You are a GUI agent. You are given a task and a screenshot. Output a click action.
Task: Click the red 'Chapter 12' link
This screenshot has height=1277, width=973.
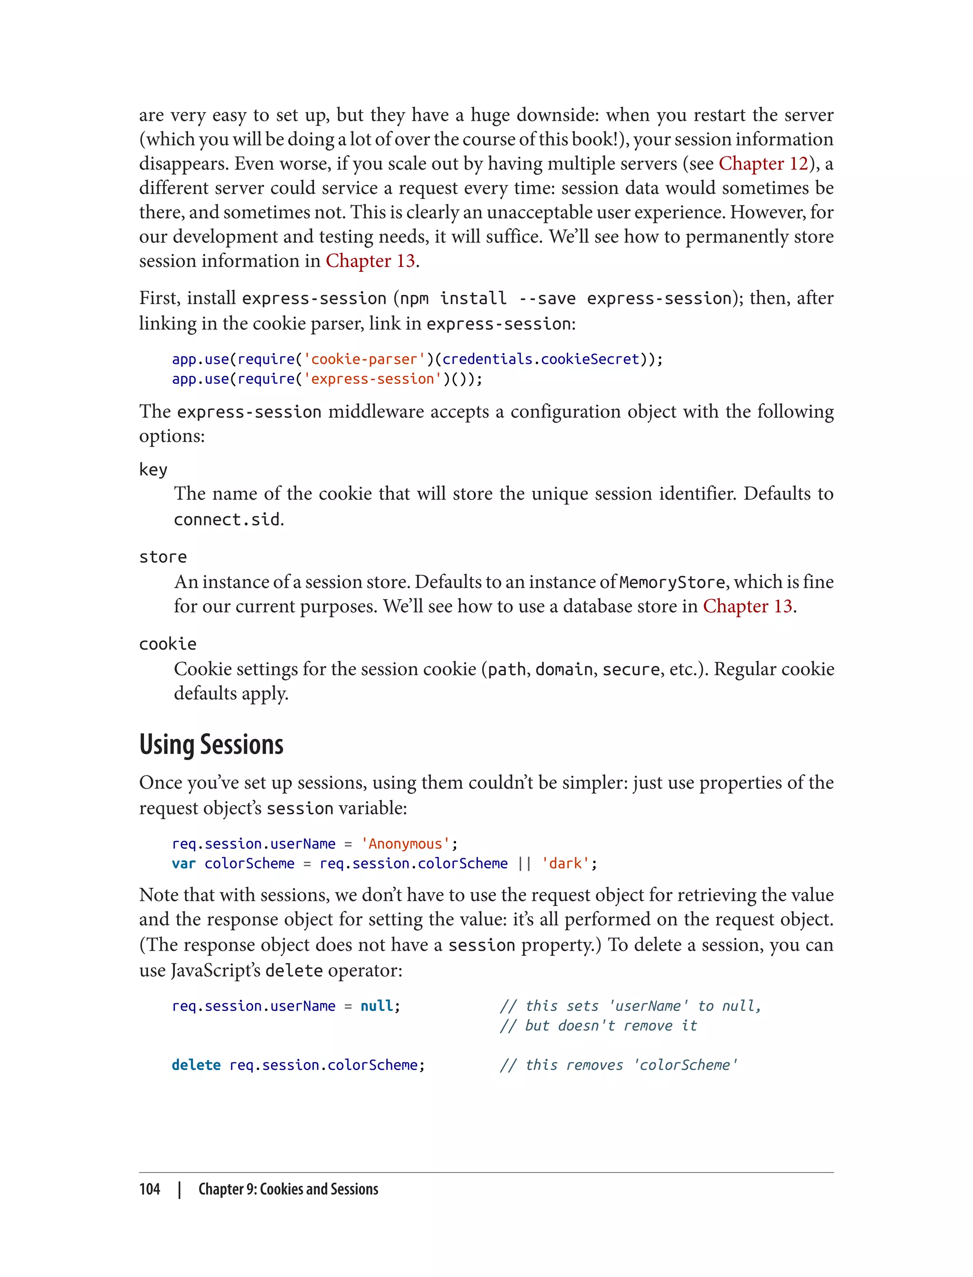(763, 164)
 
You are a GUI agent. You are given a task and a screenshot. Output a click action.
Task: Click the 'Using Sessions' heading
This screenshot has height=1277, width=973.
(211, 745)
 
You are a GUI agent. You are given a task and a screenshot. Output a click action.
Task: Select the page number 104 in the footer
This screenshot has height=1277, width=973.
(150, 1189)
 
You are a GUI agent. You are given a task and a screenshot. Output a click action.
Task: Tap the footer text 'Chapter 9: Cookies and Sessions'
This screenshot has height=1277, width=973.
(288, 1189)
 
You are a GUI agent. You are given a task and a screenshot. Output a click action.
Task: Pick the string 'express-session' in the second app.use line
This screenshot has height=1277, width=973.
(372, 379)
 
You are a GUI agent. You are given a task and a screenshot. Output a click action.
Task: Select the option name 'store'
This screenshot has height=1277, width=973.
(163, 557)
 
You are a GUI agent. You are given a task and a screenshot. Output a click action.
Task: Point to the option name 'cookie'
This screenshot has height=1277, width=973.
(167, 644)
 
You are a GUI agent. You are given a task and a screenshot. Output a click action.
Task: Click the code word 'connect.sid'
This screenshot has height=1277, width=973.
(227, 519)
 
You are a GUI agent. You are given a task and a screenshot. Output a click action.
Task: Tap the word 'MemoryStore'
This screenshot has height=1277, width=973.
(672, 582)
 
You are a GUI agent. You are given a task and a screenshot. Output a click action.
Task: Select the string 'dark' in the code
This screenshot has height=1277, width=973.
(565, 864)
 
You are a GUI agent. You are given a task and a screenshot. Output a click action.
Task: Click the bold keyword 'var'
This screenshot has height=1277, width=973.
(183, 864)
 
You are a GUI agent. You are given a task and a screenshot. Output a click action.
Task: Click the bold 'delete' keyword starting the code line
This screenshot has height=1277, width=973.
(196, 1065)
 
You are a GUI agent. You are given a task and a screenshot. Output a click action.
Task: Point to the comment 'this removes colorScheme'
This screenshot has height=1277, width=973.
(619, 1065)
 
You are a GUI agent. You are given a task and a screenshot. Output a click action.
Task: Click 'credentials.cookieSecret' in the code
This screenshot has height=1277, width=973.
(540, 359)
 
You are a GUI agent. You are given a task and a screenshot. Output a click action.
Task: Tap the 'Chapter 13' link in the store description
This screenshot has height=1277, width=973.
(747, 606)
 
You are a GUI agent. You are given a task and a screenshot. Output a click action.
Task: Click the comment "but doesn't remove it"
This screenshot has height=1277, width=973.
(599, 1026)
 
